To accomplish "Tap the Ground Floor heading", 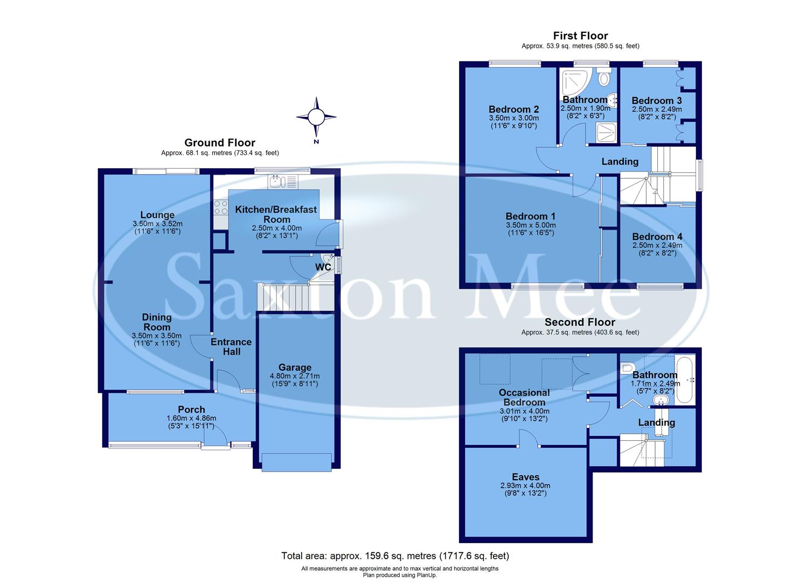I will (220, 143).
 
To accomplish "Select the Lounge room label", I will (157, 215).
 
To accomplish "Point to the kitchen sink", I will (278, 182).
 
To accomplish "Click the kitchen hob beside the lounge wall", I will (221, 207).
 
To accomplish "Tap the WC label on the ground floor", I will (323, 267).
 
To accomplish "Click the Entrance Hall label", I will (231, 347).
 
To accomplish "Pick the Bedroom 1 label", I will (531, 217).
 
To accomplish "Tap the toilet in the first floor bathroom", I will (604, 79).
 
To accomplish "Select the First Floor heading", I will (580, 36).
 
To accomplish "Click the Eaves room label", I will (525, 477).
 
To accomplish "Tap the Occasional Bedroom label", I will (524, 397).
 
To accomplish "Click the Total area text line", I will (395, 556).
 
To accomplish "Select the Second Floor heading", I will (580, 322).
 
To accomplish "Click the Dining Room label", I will (157, 322).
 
